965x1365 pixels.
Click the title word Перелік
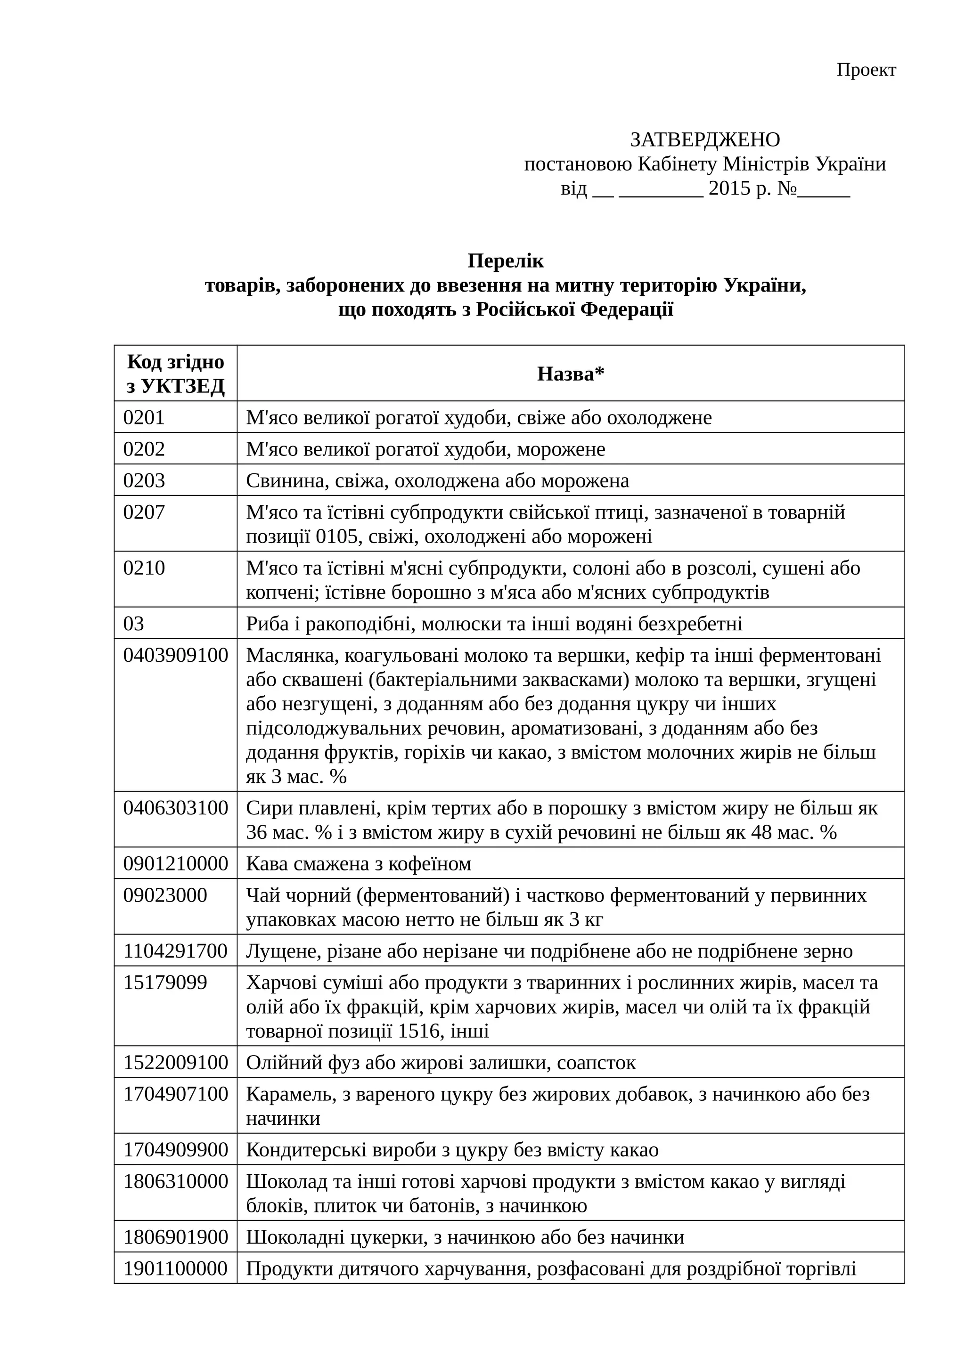click(506, 260)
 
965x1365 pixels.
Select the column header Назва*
click(570, 374)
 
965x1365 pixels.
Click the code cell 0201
click(144, 417)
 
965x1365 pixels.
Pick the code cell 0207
click(144, 512)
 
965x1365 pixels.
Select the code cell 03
click(134, 623)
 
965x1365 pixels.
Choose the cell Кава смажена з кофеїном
click(359, 863)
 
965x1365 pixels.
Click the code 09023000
click(165, 895)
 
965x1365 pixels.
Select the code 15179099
click(165, 982)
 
